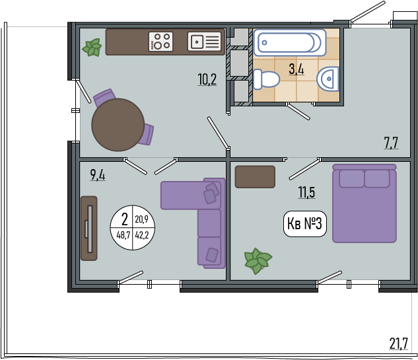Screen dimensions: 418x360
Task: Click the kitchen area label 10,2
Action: click(x=207, y=79)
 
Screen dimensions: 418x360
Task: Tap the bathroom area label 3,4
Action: click(x=296, y=69)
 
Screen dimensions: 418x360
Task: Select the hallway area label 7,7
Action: click(x=391, y=143)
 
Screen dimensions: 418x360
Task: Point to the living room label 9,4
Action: click(x=98, y=175)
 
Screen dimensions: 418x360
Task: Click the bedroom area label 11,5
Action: click(x=306, y=192)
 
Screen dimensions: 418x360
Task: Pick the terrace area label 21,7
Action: click(x=399, y=343)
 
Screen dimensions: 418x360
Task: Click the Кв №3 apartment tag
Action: click(x=304, y=224)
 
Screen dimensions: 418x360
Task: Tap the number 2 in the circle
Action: click(x=125, y=220)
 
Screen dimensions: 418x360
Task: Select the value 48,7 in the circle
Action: click(x=123, y=235)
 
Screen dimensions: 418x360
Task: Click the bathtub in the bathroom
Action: click(x=290, y=42)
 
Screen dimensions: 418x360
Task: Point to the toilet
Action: click(x=266, y=79)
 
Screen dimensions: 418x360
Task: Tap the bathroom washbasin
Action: click(x=328, y=79)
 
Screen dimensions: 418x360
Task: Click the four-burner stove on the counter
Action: click(x=160, y=42)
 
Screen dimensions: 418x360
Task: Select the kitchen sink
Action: click(x=205, y=42)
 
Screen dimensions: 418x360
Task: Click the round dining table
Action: click(x=118, y=125)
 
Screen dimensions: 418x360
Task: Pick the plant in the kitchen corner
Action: click(x=92, y=48)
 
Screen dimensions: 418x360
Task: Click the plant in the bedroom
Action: click(x=258, y=261)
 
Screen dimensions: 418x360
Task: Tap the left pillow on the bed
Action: click(x=351, y=178)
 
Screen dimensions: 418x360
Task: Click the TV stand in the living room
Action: click(x=89, y=229)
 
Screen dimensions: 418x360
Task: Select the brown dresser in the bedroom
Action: click(x=255, y=177)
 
